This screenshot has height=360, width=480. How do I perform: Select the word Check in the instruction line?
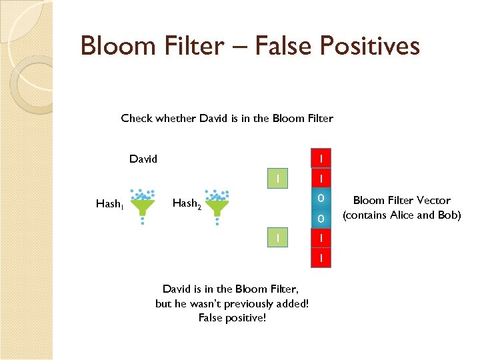[137, 119]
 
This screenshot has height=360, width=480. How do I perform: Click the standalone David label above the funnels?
[143, 159]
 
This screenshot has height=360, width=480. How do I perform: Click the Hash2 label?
[186, 203]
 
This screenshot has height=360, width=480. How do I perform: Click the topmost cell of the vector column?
[321, 159]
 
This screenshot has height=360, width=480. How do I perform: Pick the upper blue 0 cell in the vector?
[321, 198]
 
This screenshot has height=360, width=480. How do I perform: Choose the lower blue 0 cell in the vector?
[321, 218]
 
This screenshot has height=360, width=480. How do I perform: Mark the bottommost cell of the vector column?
[321, 257]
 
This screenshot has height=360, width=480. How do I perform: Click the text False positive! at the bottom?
[232, 317]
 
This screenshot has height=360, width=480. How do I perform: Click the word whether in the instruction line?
[175, 119]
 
